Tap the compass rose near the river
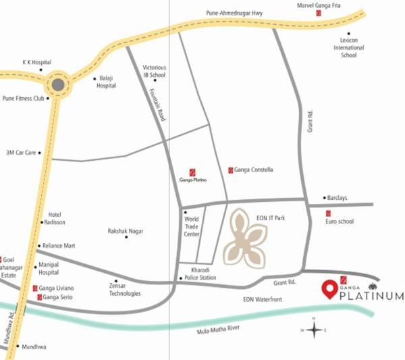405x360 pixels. (x=314, y=330)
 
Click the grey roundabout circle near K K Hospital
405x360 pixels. (x=58, y=85)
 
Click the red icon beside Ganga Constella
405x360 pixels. (x=231, y=170)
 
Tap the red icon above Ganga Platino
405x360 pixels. (x=192, y=172)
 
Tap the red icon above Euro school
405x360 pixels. (x=328, y=213)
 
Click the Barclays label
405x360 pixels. (x=337, y=198)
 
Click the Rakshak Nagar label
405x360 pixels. (x=126, y=231)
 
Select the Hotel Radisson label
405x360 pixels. (x=55, y=218)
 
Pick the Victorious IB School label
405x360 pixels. (x=155, y=72)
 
